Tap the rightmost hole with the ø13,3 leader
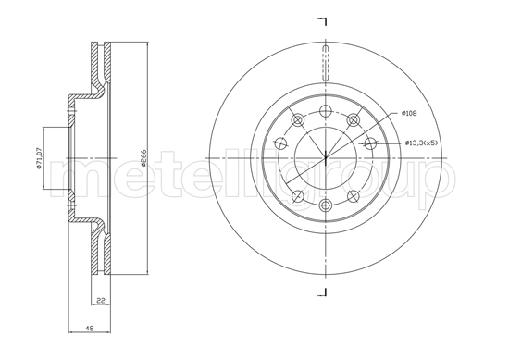(x=370, y=143)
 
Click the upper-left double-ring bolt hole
(x=296, y=120)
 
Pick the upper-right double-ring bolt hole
(x=353, y=120)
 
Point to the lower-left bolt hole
(x=296, y=196)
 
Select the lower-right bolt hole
(x=353, y=196)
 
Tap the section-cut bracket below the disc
(x=323, y=294)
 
